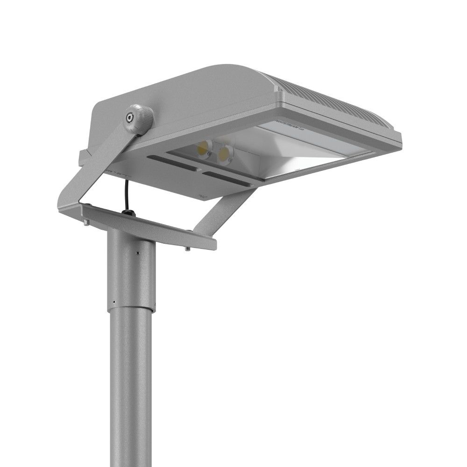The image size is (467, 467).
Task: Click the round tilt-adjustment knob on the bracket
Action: [139, 120]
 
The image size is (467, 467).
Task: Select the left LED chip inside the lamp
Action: [204, 149]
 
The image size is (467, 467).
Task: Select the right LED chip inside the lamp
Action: [226, 153]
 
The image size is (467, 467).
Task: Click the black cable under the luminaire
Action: [127, 194]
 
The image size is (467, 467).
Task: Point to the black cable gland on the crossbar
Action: [127, 212]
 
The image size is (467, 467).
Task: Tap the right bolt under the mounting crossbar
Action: [187, 248]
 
